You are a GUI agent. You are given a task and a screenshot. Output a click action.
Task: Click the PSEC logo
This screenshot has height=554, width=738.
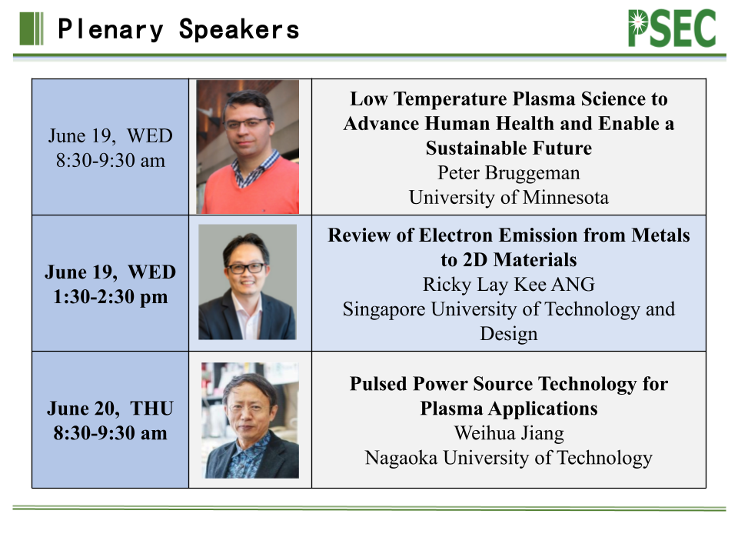(672, 28)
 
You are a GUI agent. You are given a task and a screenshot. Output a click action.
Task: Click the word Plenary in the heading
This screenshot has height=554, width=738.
(111, 29)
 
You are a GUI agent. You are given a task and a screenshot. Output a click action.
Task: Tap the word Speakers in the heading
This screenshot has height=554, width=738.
(239, 29)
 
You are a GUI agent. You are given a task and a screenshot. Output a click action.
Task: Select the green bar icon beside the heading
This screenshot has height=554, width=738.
(32, 28)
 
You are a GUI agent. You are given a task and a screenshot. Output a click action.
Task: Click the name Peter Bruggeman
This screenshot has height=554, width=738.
(508, 173)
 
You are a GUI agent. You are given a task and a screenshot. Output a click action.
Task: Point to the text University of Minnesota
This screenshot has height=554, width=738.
(508, 198)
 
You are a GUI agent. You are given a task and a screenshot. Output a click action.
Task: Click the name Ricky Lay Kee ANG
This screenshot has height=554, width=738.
(508, 285)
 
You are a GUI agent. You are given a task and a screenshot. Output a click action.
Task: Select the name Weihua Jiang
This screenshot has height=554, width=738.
(508, 433)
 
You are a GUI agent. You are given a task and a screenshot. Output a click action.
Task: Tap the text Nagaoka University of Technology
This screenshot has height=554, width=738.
(508, 458)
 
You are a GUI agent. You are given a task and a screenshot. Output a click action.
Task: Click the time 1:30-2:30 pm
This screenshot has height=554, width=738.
(110, 297)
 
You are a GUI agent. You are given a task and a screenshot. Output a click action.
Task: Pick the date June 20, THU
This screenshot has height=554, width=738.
(110, 409)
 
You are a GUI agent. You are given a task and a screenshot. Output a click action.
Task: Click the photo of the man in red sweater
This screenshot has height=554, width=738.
(248, 147)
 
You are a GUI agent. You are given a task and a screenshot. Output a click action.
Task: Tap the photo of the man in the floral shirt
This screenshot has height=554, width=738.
(250, 420)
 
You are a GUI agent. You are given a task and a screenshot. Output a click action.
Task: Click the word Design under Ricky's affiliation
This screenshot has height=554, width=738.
(508, 334)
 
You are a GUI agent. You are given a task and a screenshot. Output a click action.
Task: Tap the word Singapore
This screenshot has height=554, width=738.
(384, 309)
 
